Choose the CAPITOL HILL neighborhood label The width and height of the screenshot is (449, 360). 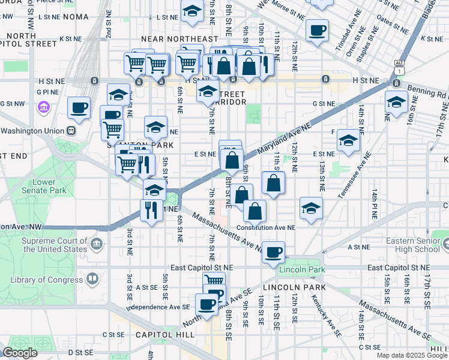point(157,334)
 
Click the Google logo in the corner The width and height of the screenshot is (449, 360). point(20,353)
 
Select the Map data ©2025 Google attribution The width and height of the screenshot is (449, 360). point(412,355)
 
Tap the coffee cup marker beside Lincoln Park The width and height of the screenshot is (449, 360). point(273,253)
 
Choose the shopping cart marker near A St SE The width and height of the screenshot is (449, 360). point(214,281)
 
